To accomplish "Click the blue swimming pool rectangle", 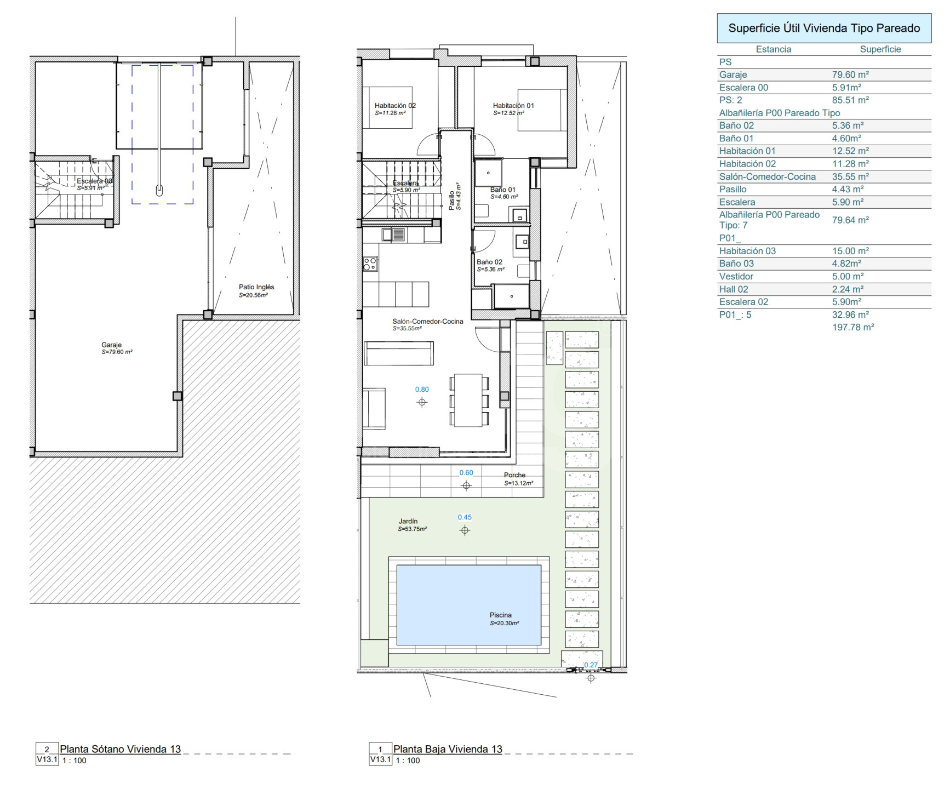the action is pos(468,605).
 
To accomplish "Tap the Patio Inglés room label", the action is pos(256,287).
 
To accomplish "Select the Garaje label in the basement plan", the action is pos(111,345).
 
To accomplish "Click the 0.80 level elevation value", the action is pos(422,390).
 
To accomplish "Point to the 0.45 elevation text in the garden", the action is pos(465,517).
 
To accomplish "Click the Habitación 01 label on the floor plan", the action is pos(513,106).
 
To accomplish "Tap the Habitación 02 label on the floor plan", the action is pos(395,106).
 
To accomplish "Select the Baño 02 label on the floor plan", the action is pos(489,262).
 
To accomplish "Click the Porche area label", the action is pos(514,475).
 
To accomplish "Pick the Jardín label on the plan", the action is pos(408,521).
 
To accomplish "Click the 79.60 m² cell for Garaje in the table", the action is pos(850,75).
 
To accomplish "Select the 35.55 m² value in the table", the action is pos(850,176).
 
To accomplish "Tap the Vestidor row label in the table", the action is pos(736,277).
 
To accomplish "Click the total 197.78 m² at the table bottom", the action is pos(853,327).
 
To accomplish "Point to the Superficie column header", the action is pos(880,49).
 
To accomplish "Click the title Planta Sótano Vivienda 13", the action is pos(121,749).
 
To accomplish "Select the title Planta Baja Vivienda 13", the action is pos(448,749).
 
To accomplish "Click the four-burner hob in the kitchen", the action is pos(370,264).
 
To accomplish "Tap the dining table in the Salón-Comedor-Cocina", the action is pos(468,400).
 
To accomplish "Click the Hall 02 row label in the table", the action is pos(734,289).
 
